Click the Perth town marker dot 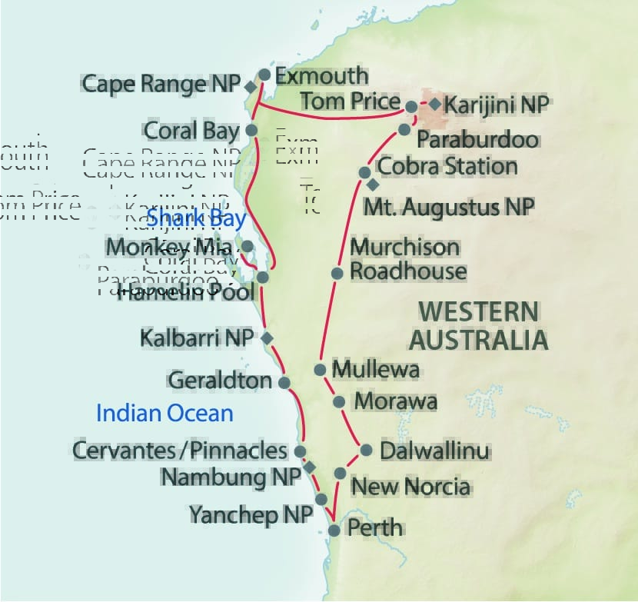(x=334, y=530)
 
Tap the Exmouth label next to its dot (x=321, y=76)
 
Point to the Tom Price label (x=350, y=101)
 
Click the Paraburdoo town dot (x=404, y=130)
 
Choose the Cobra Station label (x=448, y=166)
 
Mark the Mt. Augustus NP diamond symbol (x=373, y=185)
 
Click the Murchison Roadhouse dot (x=337, y=273)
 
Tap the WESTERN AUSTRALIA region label (x=477, y=325)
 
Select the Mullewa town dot (x=320, y=370)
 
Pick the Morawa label (x=395, y=401)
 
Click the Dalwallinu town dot (x=366, y=451)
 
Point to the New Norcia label (x=410, y=487)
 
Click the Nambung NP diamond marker (x=310, y=467)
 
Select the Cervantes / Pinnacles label (x=180, y=451)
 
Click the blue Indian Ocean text (x=164, y=414)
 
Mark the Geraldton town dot (x=284, y=382)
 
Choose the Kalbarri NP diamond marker (x=267, y=338)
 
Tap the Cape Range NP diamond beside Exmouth (x=251, y=87)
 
